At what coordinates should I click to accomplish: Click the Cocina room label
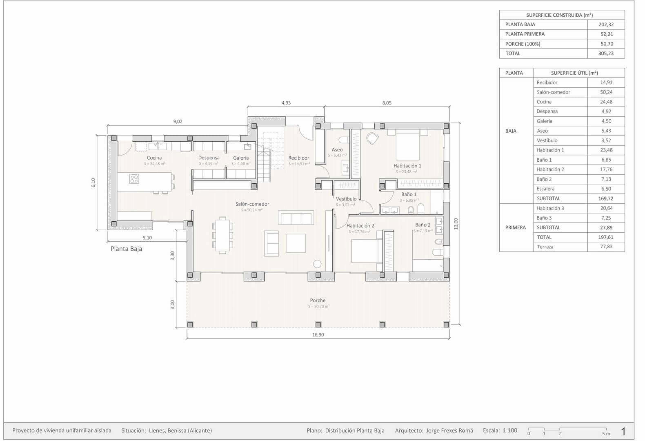154,158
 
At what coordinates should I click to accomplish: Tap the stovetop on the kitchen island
134,178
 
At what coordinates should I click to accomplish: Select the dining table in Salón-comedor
222,235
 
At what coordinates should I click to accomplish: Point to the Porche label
318,300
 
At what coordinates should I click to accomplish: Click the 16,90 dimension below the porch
318,335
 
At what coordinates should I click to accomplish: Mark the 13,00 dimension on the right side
456,223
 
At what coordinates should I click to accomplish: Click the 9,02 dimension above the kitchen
178,121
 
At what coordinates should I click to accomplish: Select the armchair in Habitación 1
372,139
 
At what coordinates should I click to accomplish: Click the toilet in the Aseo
344,140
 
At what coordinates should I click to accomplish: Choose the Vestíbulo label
346,199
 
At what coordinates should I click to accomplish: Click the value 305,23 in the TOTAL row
606,53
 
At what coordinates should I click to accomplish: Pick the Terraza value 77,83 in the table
606,247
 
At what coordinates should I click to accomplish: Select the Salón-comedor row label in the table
553,92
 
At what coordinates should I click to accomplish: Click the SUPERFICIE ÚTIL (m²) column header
574,73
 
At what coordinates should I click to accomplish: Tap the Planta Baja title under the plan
127,249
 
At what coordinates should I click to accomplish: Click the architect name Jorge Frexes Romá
449,430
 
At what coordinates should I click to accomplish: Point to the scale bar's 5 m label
606,434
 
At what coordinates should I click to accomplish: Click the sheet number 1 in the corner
623,431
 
